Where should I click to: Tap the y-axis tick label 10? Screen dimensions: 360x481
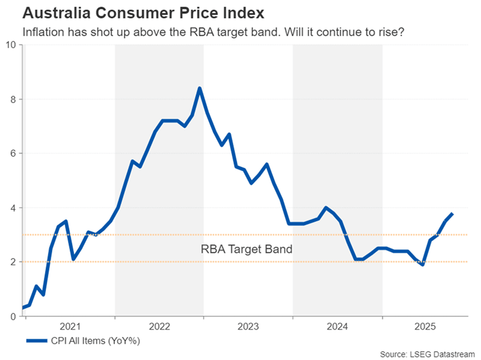11,45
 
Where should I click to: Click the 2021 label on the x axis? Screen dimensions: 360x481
70,327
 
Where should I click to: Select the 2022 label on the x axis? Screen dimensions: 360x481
159,327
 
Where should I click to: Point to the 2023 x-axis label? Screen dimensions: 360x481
249,327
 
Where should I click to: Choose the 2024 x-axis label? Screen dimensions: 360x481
337,327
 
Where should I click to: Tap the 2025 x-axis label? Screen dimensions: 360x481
427,327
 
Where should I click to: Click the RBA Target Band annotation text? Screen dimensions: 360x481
247,249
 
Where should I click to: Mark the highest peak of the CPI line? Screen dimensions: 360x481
199,88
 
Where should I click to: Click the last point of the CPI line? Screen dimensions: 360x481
452,213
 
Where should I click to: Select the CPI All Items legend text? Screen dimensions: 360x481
94,341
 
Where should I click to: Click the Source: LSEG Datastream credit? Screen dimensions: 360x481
429,354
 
